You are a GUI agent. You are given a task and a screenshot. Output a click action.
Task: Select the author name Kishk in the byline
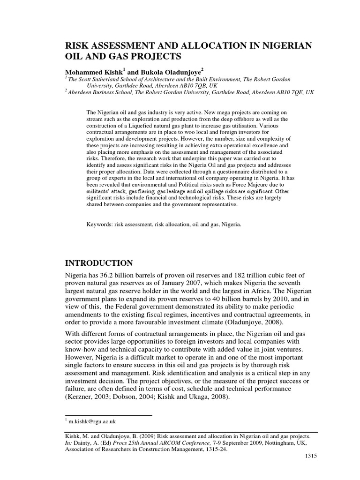(110, 73)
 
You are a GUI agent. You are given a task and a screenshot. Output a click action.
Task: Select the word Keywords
(100, 225)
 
